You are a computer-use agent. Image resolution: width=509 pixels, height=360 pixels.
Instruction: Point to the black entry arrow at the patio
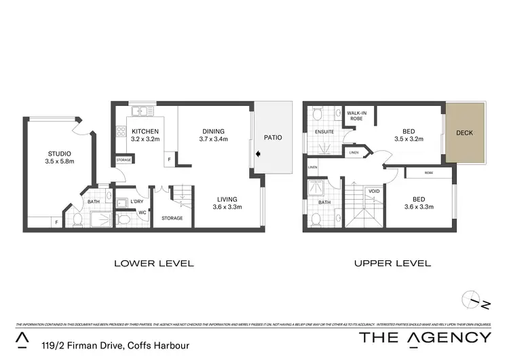point(257,154)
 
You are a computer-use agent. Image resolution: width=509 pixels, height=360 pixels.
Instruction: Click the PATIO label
point(273,137)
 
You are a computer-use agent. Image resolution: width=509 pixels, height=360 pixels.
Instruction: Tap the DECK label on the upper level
point(465,133)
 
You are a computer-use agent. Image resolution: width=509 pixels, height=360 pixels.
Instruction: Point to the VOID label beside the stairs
point(373,192)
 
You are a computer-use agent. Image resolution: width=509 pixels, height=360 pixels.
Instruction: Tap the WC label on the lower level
point(143,213)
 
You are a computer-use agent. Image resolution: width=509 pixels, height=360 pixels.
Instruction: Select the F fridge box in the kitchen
point(169,160)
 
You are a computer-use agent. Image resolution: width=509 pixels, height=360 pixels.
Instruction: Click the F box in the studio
point(56,221)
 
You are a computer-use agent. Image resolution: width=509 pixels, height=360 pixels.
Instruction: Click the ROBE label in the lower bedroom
point(428,173)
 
